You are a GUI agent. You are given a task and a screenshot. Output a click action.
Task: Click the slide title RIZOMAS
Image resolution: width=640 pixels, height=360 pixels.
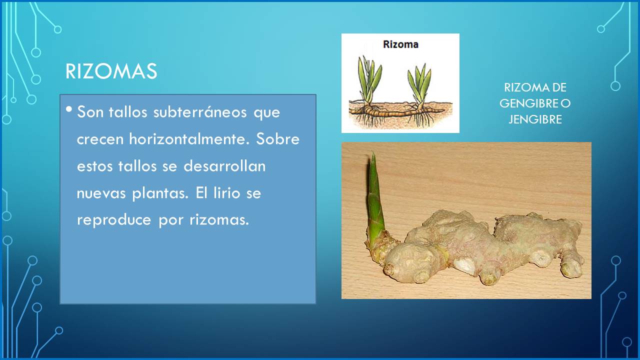(111, 71)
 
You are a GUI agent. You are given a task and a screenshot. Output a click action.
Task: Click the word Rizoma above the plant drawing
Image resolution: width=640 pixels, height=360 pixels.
(400, 44)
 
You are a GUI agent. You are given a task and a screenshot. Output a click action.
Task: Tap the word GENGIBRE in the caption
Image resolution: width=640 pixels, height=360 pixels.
(529, 103)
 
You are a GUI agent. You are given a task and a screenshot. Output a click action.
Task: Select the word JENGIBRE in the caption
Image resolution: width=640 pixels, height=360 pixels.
(535, 119)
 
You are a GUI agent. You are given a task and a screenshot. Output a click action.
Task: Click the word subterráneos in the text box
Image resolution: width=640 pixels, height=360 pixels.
(200, 112)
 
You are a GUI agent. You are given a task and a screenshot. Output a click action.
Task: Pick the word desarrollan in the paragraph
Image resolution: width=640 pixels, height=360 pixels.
(224, 166)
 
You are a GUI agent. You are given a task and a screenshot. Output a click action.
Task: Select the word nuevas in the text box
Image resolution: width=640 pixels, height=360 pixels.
(101, 193)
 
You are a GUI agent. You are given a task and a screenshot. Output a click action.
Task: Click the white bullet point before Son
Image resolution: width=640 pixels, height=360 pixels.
(69, 109)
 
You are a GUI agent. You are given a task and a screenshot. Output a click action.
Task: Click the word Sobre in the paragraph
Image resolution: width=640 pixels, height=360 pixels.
(277, 139)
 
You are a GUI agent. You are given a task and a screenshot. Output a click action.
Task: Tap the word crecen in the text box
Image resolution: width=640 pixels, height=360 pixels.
(100, 139)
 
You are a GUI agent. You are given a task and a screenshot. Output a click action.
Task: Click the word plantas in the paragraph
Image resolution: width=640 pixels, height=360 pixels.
(160, 193)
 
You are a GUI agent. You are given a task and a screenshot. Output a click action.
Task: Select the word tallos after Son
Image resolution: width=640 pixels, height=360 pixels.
(128, 112)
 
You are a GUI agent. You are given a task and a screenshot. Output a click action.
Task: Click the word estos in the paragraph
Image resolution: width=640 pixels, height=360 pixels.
(95, 166)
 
